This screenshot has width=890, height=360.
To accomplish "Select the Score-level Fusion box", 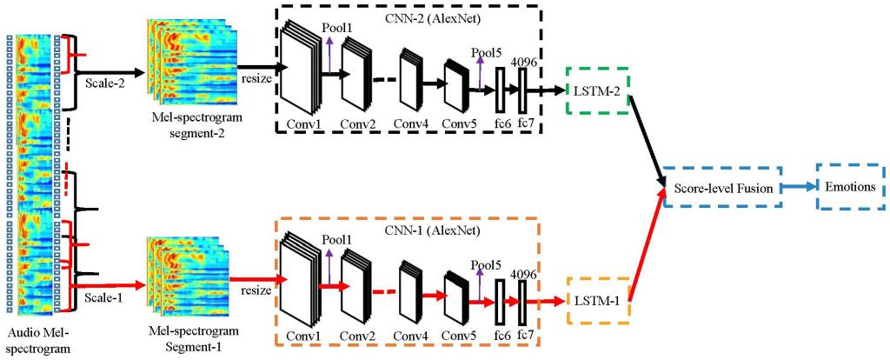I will pos(721,187).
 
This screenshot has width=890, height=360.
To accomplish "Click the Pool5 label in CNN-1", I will pos(486,264).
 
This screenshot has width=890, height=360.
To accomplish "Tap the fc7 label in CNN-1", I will pos(523,336).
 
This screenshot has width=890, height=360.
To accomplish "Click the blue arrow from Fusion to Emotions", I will pos(797,186).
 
